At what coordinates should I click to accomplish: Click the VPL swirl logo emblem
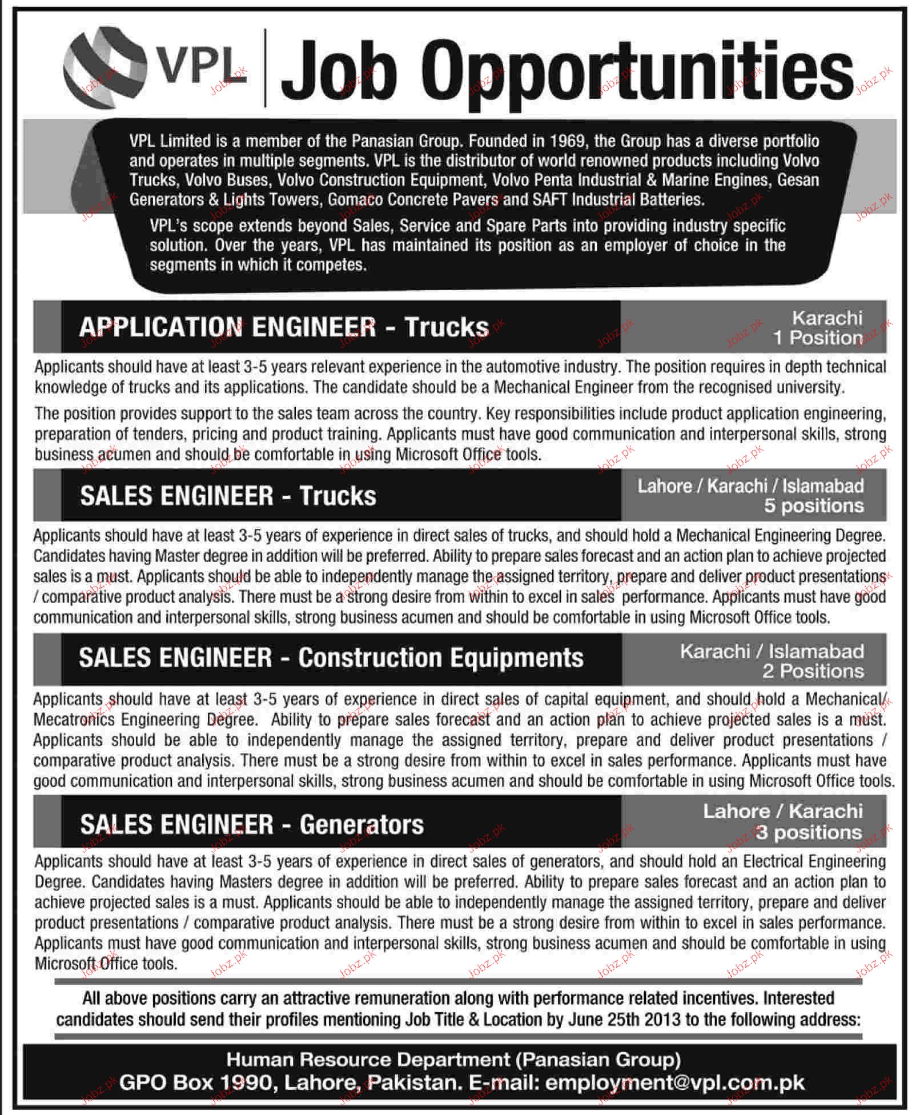[105, 67]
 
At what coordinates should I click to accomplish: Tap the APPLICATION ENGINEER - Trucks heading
[284, 327]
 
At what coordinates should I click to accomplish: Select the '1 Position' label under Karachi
[817, 338]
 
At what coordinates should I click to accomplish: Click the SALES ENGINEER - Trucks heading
[228, 496]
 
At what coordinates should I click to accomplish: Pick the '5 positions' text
[814, 506]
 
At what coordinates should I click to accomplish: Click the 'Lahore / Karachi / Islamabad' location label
[750, 486]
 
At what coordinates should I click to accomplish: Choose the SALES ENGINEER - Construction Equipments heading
[331, 658]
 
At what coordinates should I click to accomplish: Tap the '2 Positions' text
[813, 671]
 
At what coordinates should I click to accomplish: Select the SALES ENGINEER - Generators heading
[252, 825]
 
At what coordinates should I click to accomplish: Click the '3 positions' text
[809, 833]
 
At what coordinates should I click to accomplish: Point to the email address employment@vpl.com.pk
[675, 1083]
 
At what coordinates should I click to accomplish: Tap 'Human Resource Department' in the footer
[368, 1060]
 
